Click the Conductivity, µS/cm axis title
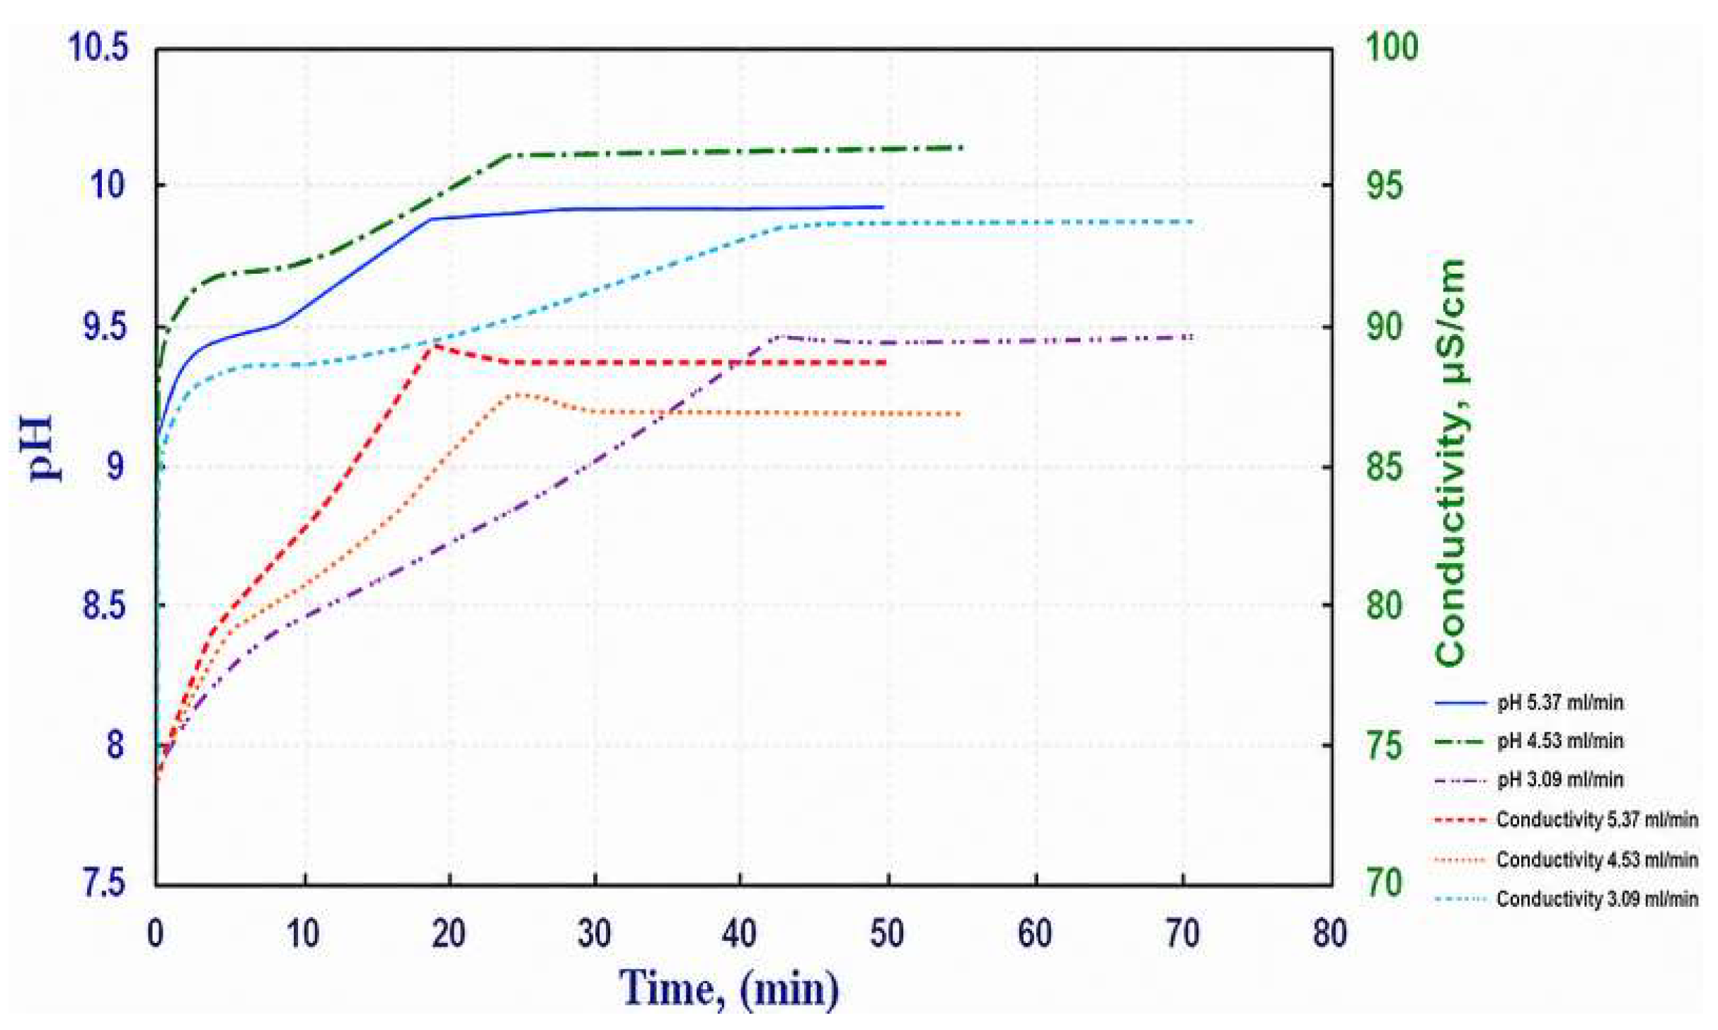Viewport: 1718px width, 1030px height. (1450, 463)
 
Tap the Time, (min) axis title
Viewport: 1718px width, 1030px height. (730, 987)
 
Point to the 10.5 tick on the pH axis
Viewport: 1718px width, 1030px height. (98, 48)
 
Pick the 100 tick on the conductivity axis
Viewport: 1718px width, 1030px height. (1392, 47)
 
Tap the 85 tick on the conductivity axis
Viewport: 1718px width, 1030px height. (1385, 467)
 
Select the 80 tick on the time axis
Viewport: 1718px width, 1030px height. (1329, 934)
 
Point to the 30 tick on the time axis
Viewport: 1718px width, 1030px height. (594, 934)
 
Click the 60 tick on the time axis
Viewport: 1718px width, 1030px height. (1035, 934)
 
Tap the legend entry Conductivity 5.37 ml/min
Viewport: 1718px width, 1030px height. (1566, 820)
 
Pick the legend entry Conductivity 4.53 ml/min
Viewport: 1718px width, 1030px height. (1566, 860)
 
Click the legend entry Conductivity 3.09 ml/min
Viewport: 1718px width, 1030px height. (1566, 898)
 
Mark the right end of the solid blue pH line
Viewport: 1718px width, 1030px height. (883, 207)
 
